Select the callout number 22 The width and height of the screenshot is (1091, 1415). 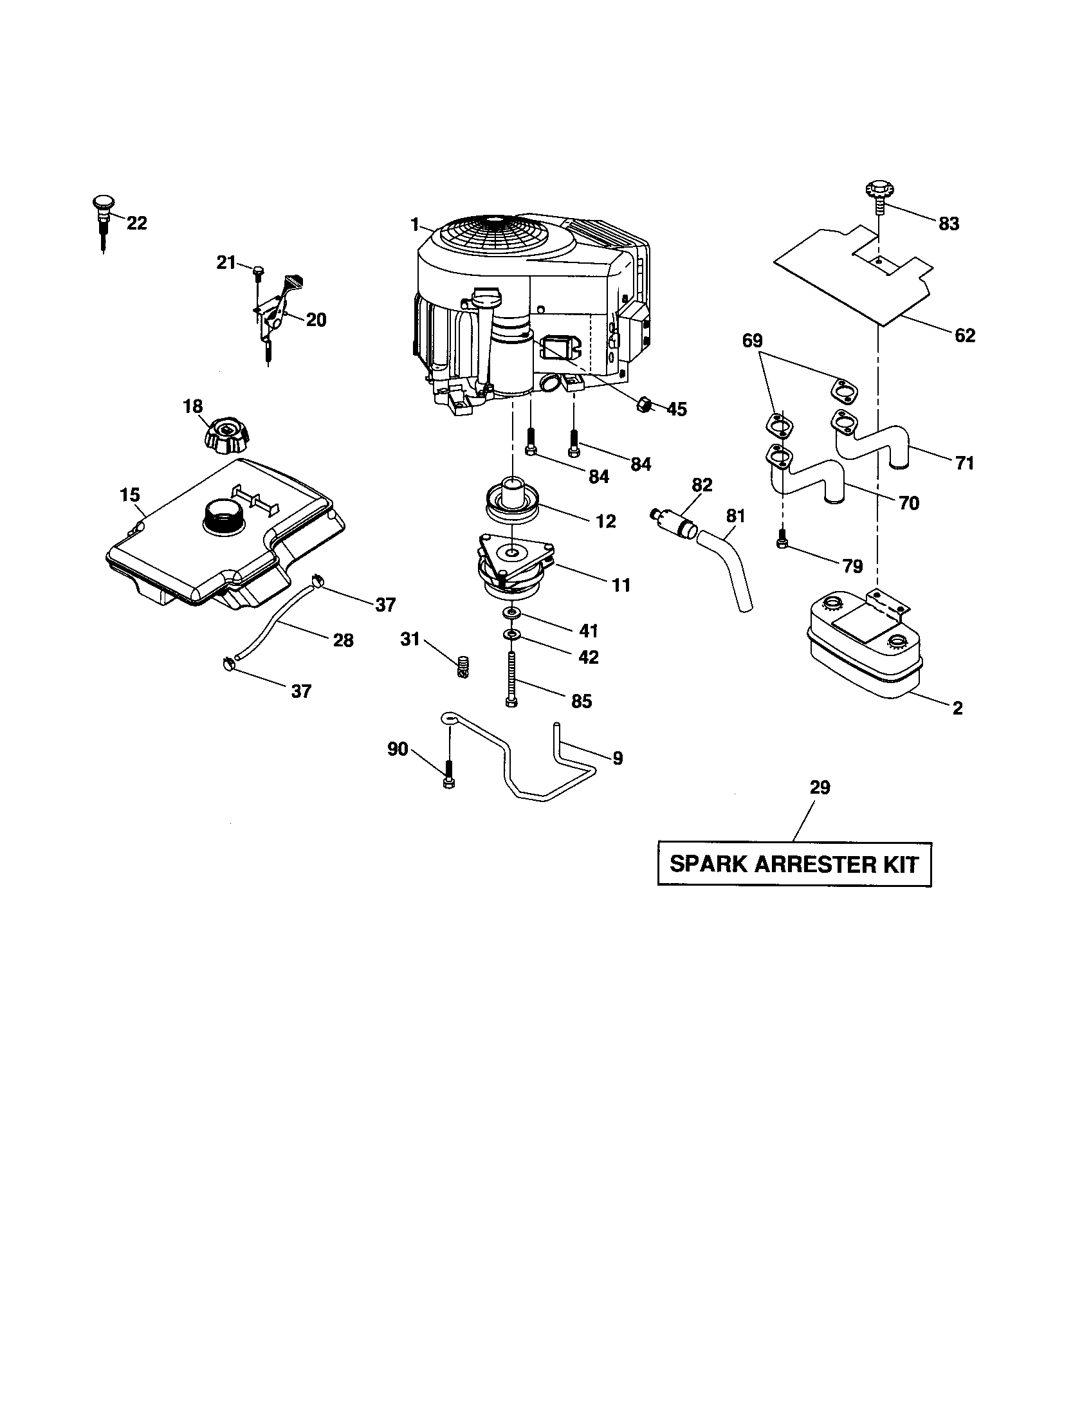137,224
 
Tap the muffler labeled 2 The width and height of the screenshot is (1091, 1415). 865,648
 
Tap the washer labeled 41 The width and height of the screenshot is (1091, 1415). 513,612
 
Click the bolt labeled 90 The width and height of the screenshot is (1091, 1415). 448,775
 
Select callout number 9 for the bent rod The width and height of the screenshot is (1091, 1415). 618,758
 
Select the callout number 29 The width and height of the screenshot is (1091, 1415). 820,788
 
